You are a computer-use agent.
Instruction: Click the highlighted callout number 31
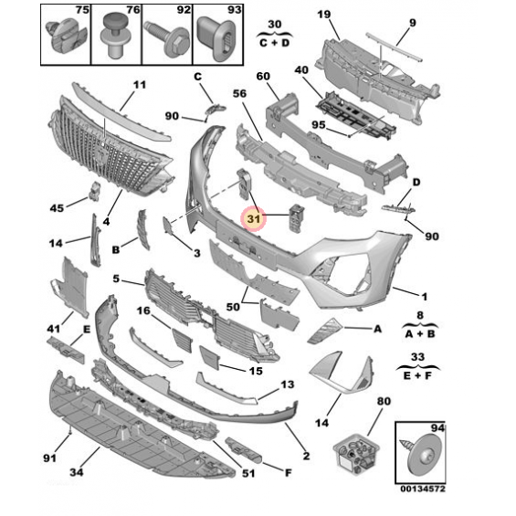(x=253, y=218)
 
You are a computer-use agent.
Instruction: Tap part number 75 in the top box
(x=82, y=10)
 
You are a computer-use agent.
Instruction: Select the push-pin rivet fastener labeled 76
(x=113, y=36)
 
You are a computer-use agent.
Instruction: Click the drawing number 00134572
(x=423, y=489)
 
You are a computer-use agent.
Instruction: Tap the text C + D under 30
(x=274, y=43)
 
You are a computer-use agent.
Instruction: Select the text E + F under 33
(x=417, y=375)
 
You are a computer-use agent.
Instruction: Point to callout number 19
(x=324, y=15)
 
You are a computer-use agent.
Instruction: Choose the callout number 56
(x=239, y=94)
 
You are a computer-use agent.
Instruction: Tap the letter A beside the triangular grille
(x=377, y=329)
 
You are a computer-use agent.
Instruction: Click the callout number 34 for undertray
(x=77, y=472)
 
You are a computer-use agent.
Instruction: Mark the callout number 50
(x=233, y=307)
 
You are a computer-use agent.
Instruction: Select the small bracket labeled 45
(x=94, y=191)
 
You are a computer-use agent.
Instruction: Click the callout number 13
(x=288, y=384)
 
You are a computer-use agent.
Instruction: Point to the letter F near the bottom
(x=289, y=473)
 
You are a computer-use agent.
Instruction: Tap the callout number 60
(x=263, y=77)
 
